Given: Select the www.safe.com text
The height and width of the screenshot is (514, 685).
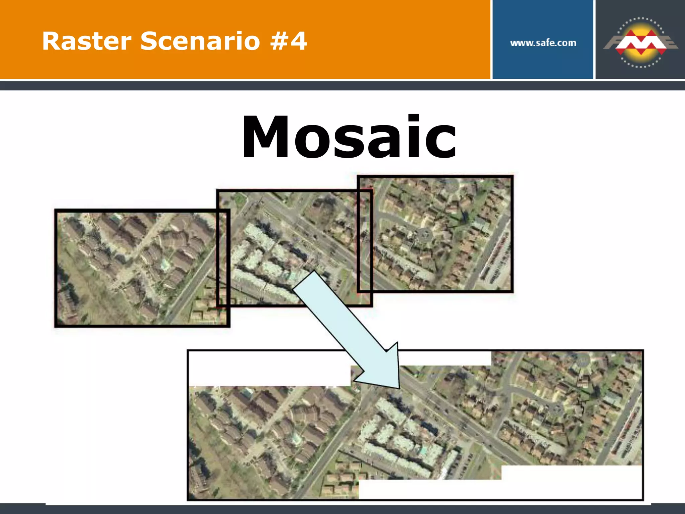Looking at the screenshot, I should click(x=543, y=43).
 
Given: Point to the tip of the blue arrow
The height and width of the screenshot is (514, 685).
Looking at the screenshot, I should click(x=399, y=388).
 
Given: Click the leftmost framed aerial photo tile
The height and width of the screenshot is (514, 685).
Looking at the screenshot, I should click(x=134, y=268).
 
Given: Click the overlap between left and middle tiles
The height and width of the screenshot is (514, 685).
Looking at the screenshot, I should click(x=223, y=258).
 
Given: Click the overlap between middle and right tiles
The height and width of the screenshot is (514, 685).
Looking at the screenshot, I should click(x=365, y=241).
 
